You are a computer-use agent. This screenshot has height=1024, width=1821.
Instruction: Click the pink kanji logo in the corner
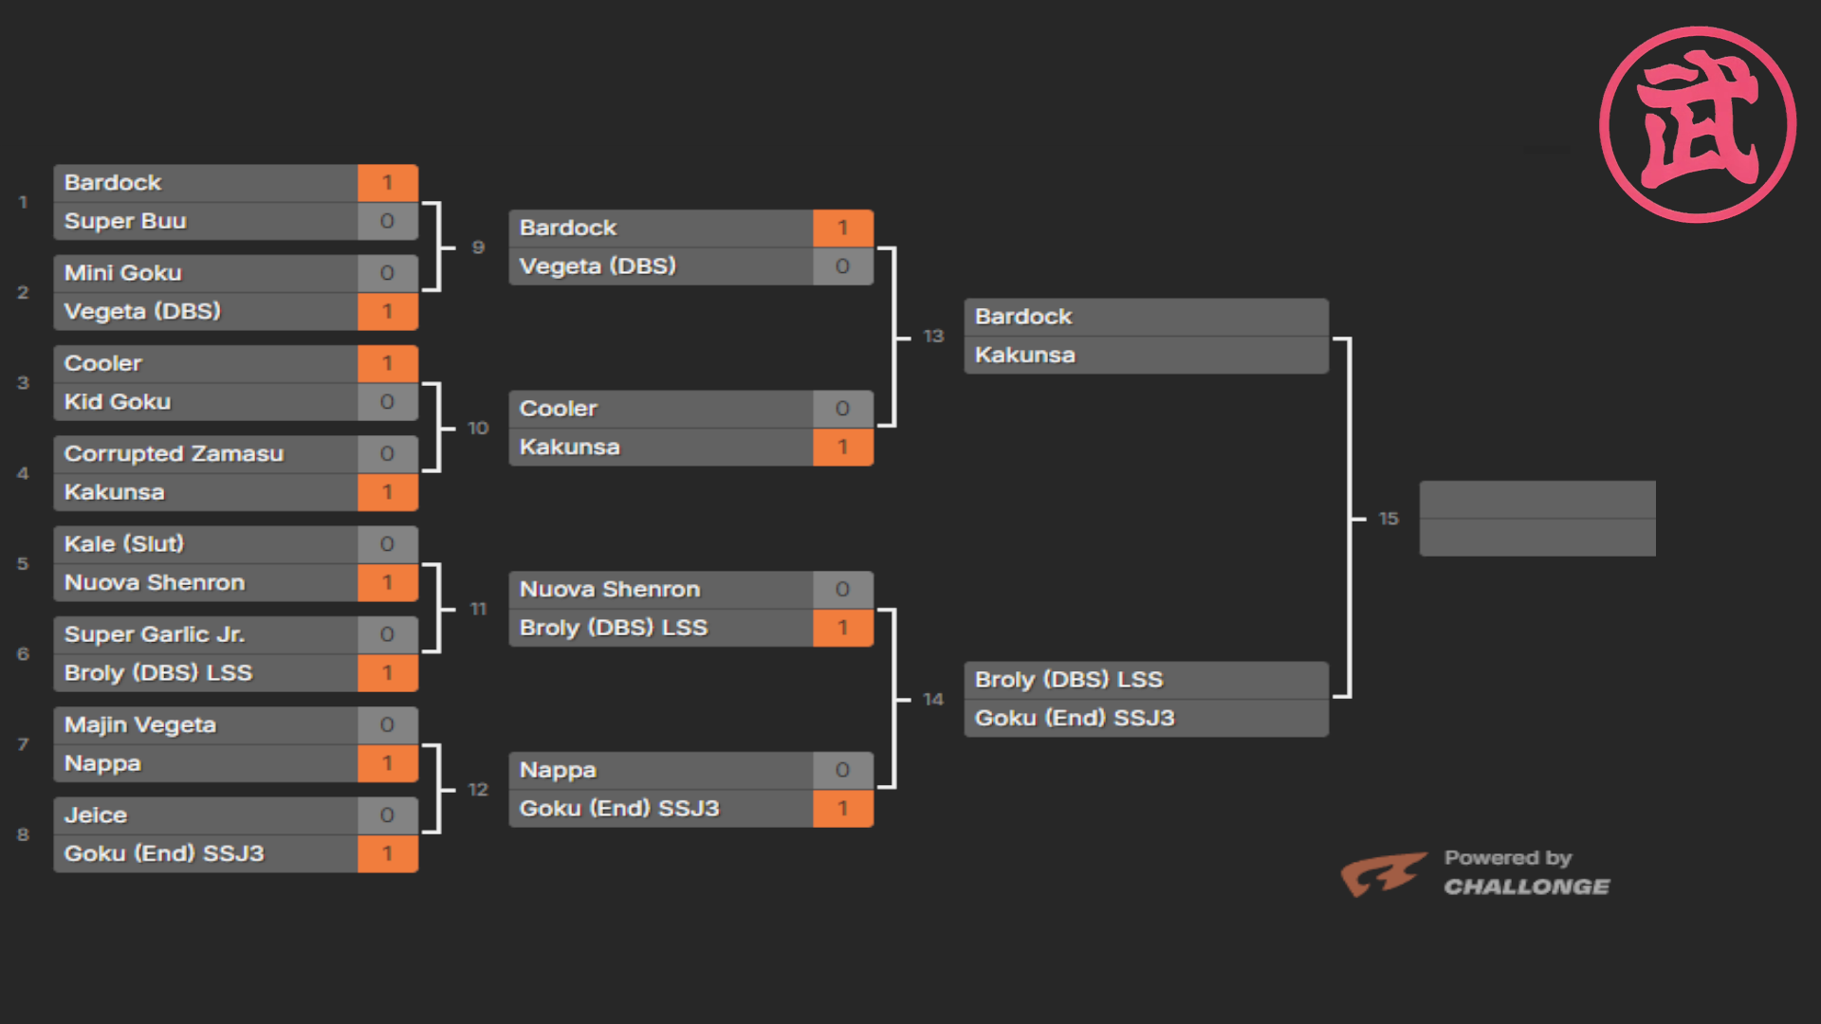(1698, 124)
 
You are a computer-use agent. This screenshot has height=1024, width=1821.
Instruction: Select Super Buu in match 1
(125, 221)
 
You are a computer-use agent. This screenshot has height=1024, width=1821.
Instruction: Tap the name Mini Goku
(122, 273)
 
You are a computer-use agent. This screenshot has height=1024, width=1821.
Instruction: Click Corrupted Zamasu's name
(174, 454)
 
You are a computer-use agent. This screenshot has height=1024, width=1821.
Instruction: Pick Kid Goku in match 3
(118, 402)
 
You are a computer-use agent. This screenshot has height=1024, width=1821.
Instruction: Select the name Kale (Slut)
(124, 544)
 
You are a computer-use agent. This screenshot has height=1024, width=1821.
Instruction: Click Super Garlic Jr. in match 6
(155, 634)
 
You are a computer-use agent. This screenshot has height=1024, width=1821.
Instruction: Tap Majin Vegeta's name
(140, 725)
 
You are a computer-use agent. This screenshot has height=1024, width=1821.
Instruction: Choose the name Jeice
(96, 815)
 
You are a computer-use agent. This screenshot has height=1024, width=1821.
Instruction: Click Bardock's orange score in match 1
(387, 183)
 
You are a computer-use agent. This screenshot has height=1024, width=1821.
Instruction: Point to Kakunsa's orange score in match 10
(842, 448)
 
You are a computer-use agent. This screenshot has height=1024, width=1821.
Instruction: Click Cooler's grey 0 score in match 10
(842, 409)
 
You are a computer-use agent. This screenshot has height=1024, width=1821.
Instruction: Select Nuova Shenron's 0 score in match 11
(842, 590)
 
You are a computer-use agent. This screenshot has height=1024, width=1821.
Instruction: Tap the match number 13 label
(933, 336)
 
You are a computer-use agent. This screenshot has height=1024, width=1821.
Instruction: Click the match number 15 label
(1389, 519)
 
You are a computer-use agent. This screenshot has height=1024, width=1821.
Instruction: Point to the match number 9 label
(478, 247)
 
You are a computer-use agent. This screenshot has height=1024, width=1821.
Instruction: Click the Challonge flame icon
(1383, 873)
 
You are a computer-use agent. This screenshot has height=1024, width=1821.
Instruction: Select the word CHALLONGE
(1527, 887)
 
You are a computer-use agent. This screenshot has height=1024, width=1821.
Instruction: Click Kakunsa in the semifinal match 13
(1025, 356)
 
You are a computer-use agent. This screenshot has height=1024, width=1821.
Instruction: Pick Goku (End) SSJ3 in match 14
(1075, 719)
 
